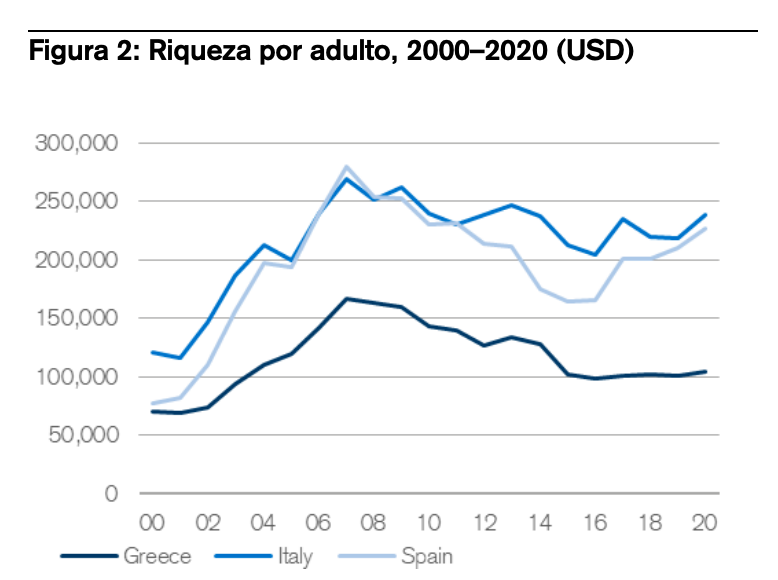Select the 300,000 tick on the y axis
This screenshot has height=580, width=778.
point(77,143)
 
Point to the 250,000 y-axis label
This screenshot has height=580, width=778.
point(77,202)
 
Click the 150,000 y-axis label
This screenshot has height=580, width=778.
point(77,319)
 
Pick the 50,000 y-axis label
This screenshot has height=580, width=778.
point(82,436)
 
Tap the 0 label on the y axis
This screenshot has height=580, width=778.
point(113,494)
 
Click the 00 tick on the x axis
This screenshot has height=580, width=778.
point(152,523)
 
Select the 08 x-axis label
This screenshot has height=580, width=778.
point(374,523)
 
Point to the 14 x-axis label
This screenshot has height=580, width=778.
point(541,523)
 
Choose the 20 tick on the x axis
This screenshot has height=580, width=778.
point(706,523)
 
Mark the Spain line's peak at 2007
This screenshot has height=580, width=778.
point(346,167)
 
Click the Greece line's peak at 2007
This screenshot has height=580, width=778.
point(346,298)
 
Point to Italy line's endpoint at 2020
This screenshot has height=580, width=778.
point(706,215)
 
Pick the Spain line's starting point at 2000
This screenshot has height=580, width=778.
point(152,404)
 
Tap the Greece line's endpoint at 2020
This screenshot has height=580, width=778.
point(706,372)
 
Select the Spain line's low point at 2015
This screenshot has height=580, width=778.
point(568,301)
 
